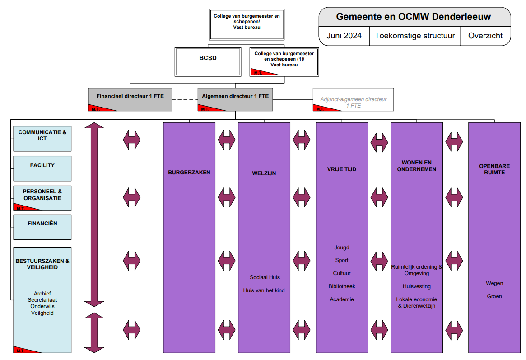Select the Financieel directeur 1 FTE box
(130, 97)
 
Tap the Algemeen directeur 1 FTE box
(235, 97)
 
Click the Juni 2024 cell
(344, 36)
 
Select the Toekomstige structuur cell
(414, 36)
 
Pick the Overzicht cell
(485, 36)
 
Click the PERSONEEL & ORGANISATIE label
(42, 195)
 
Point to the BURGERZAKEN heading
(189, 173)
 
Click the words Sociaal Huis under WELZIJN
(265, 277)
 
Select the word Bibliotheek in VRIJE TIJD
(342, 286)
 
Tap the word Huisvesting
(417, 286)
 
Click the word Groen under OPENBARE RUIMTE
(494, 296)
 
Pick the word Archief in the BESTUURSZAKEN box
(42, 294)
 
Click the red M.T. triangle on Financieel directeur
(97, 108)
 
